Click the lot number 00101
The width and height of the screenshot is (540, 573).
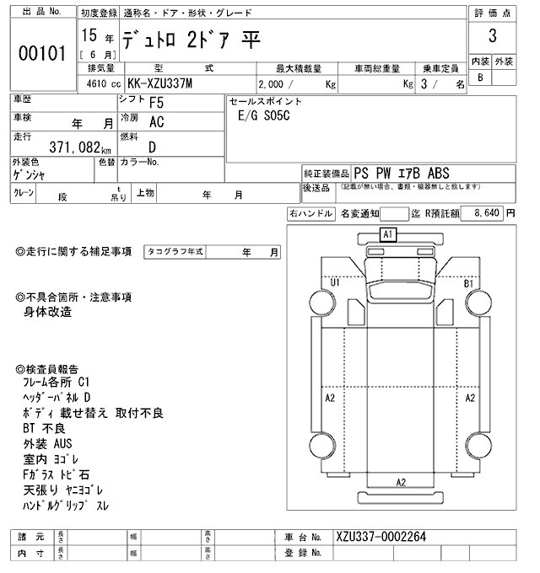(x=41, y=54)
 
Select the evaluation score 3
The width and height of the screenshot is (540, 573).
(x=492, y=37)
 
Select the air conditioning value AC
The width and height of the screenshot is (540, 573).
(x=156, y=122)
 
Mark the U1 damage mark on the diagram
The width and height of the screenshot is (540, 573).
(x=335, y=283)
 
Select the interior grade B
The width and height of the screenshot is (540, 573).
(x=481, y=77)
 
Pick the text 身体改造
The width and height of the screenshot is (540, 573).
(x=48, y=312)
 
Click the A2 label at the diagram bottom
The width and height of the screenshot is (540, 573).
(x=402, y=482)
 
